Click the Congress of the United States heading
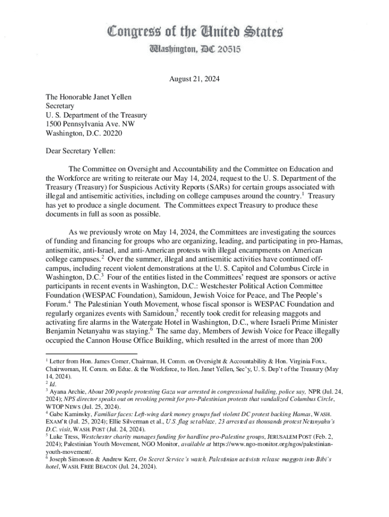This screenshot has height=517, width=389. click(x=194, y=31)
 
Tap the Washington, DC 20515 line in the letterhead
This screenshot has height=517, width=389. click(x=194, y=49)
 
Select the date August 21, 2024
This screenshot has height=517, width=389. click(x=194, y=79)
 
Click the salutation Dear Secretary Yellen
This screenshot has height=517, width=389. click(x=73, y=150)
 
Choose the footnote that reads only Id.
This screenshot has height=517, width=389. click(x=52, y=384)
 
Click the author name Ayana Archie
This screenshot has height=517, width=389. click(x=68, y=391)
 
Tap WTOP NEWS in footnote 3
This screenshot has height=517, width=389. click(x=62, y=406)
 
